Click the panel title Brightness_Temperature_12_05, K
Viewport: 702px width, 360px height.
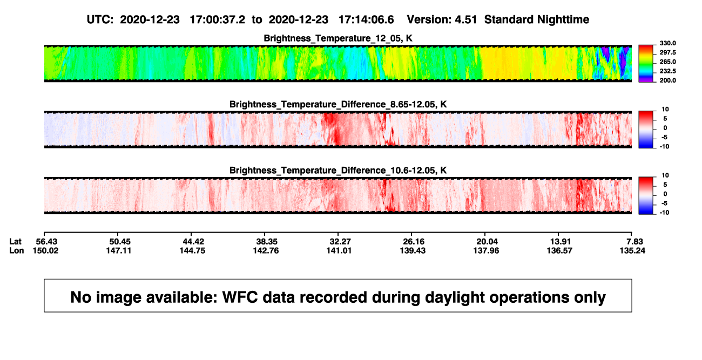point(338,38)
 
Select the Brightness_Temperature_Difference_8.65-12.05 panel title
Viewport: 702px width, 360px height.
point(338,104)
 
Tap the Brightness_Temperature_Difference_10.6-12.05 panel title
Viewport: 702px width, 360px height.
point(338,171)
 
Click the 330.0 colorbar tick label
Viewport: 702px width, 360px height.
point(667,43)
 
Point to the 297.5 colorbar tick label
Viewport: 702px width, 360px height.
point(667,52)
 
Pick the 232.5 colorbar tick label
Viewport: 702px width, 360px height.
point(667,71)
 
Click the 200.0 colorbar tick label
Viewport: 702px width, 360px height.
point(667,80)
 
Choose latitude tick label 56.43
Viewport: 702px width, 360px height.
point(46,242)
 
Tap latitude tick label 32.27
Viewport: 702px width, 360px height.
point(340,242)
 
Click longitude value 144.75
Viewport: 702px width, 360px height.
point(192,250)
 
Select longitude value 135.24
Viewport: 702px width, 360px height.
point(632,250)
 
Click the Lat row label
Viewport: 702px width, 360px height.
point(15,242)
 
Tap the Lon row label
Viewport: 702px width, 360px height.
point(16,250)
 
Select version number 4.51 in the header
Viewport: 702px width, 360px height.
point(466,20)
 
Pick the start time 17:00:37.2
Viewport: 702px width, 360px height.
point(218,20)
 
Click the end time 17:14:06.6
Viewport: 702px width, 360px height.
point(366,20)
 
